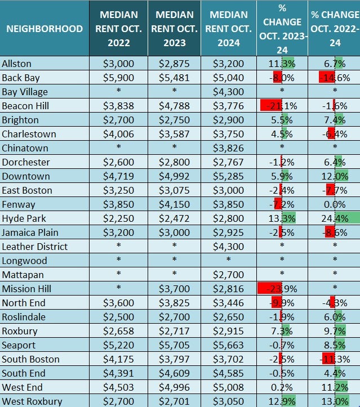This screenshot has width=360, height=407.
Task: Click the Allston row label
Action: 17,64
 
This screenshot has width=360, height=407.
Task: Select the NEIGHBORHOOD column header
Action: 45,29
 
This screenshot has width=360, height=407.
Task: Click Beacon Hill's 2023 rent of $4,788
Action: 175,106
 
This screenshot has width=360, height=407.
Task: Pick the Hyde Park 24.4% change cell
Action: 335,218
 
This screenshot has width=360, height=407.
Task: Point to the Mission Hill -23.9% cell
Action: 282,289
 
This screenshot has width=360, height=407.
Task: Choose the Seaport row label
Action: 19,345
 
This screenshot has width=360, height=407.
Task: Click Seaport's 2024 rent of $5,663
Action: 228,345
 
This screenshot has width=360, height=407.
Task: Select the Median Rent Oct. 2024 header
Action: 229,29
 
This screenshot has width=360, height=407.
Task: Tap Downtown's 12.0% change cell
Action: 335,176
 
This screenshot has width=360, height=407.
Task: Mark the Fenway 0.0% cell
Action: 335,204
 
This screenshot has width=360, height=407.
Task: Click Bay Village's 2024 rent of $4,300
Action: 228,92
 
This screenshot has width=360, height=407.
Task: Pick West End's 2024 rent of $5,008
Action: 228,387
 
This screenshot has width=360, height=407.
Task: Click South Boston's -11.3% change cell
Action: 335,359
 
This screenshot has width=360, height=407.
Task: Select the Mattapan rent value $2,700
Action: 228,275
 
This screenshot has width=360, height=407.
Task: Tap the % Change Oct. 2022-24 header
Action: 335,29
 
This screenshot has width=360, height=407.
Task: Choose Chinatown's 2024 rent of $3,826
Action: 228,148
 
